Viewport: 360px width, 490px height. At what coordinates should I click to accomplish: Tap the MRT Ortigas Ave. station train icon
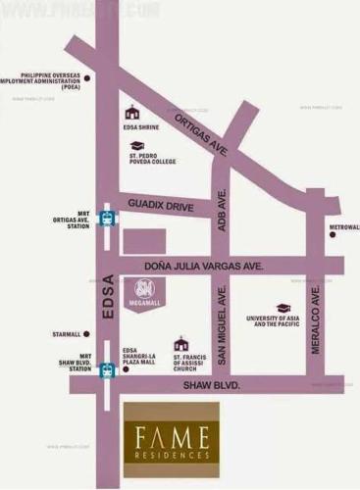(108, 221)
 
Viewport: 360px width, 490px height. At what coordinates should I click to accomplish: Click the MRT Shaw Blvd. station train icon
(107, 369)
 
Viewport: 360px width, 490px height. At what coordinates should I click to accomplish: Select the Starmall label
(68, 334)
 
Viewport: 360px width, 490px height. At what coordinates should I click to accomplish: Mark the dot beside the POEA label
(86, 76)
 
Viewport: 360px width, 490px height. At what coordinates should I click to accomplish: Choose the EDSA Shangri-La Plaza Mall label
(139, 360)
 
